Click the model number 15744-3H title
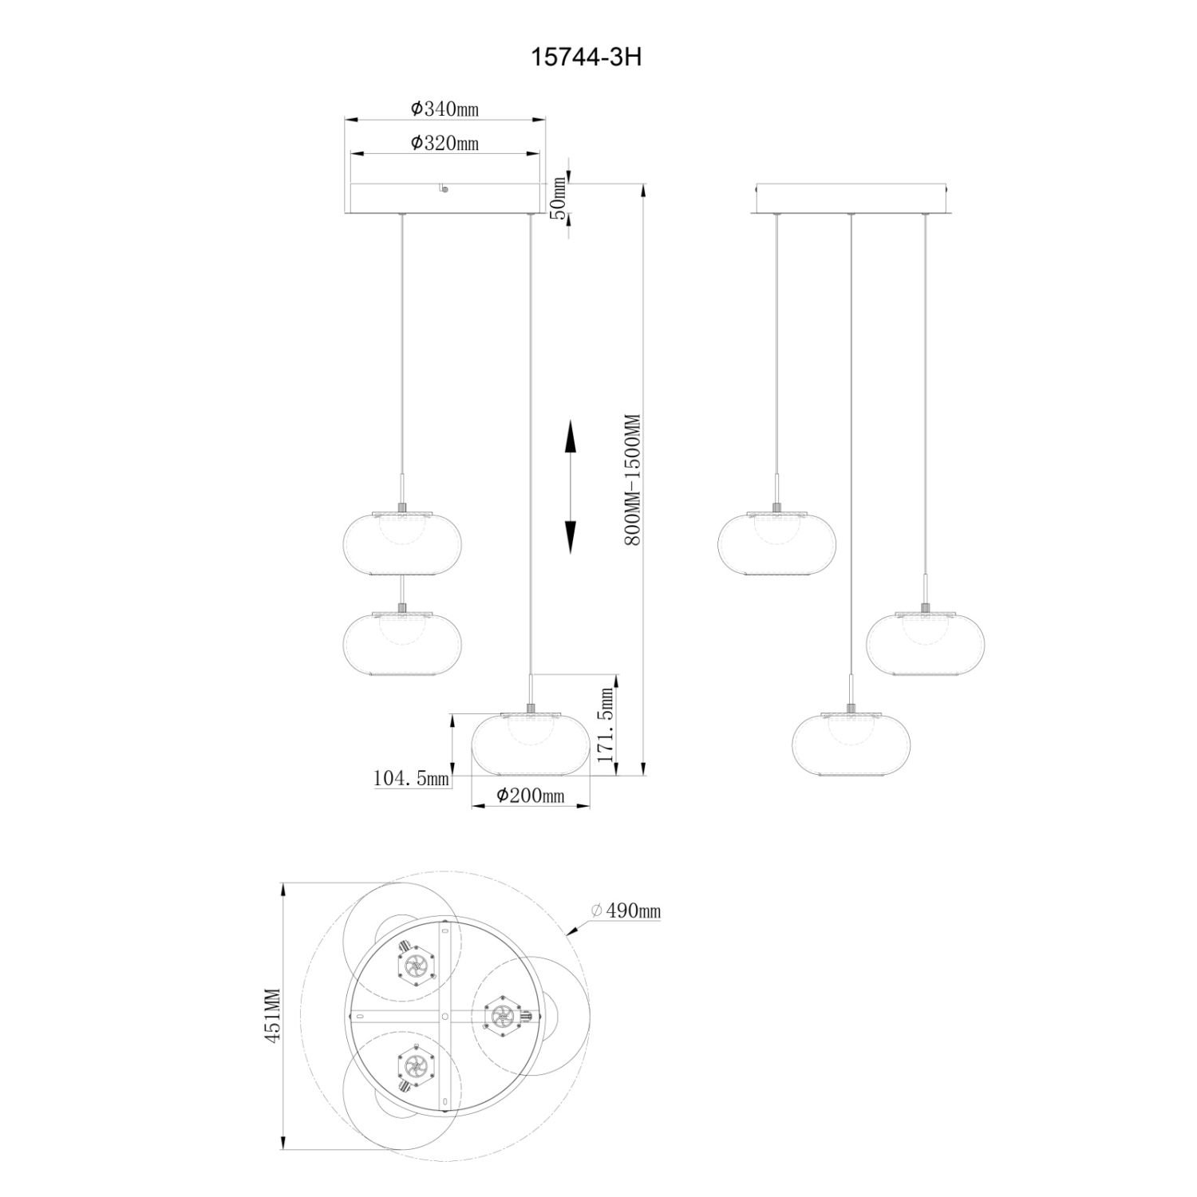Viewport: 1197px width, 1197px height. click(x=587, y=58)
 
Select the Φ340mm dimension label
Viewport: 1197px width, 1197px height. click(x=444, y=109)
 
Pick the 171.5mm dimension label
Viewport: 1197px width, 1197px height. click(x=606, y=715)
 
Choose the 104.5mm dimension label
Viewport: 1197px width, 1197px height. click(x=412, y=777)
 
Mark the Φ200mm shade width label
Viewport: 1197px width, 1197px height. click(x=530, y=795)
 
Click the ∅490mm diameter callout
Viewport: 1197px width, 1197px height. click(x=626, y=911)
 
